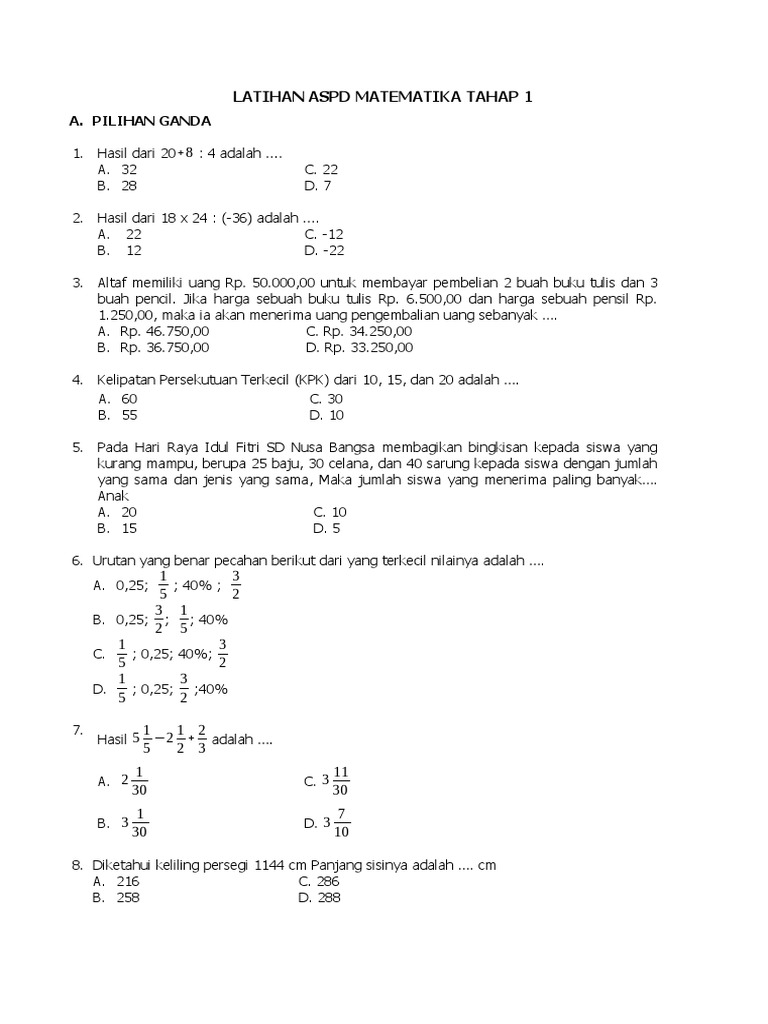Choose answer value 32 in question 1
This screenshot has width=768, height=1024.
tap(128, 170)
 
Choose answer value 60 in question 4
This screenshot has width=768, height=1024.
tap(129, 398)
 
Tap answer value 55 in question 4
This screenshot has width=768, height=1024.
tap(129, 414)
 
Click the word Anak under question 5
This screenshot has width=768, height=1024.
tap(111, 495)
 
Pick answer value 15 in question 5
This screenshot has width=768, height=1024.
tap(129, 528)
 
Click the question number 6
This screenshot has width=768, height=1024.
tap(77, 561)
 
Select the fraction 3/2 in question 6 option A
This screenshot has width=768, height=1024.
tap(236, 585)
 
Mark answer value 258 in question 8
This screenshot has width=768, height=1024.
tap(127, 898)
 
